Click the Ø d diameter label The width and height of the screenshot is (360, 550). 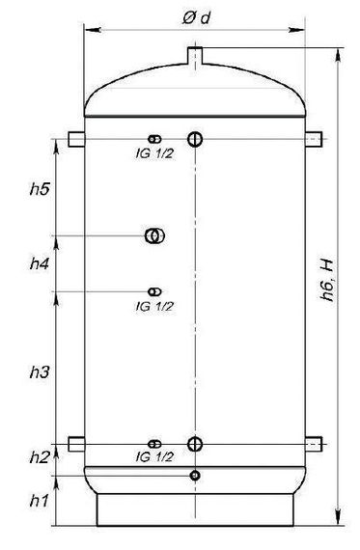[197, 17]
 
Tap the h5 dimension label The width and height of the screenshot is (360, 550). [40, 189]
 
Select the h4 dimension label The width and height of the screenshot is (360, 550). [40, 263]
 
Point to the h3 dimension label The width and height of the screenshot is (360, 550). [40, 371]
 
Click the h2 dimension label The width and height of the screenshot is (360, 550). [40, 457]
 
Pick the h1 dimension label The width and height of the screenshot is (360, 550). [39, 501]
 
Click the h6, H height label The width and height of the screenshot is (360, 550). [327, 281]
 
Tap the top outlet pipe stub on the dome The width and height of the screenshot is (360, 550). [195, 55]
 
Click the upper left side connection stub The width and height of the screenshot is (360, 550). [76, 139]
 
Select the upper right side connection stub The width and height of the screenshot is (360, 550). [314, 139]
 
